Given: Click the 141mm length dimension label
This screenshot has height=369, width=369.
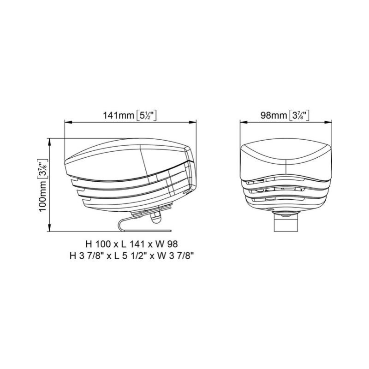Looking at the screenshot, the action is (130, 115).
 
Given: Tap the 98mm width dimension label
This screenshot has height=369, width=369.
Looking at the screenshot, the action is (285, 115).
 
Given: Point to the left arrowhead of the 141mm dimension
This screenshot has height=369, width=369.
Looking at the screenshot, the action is (68, 122).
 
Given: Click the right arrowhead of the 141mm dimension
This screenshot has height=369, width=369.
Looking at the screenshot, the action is (193, 122).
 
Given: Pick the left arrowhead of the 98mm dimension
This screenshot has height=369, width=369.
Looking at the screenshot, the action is (244, 122).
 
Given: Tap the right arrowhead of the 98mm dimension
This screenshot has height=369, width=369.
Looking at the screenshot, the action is (328, 122).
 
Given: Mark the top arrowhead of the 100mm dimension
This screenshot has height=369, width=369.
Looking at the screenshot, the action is (49, 142).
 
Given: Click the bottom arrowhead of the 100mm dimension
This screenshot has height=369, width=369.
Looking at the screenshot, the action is (49, 228).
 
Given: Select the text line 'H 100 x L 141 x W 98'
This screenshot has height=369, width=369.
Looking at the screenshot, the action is (132, 244).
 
